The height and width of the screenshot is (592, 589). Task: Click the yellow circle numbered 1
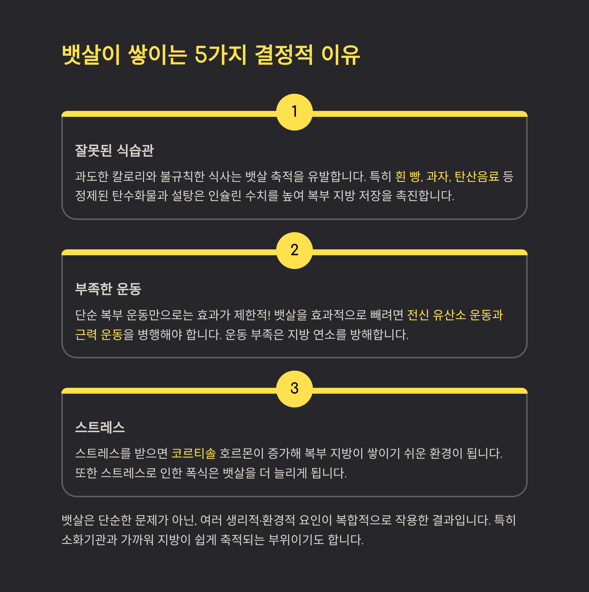294,112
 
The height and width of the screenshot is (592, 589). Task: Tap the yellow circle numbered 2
294,250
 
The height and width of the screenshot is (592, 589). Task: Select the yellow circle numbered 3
294,389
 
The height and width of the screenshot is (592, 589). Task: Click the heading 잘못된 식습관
114,150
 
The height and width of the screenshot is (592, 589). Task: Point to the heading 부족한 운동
108,289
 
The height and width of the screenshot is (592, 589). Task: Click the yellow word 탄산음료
477,176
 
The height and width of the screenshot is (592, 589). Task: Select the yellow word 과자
438,176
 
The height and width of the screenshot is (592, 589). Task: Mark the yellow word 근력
86,335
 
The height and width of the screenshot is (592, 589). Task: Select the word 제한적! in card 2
252,315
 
